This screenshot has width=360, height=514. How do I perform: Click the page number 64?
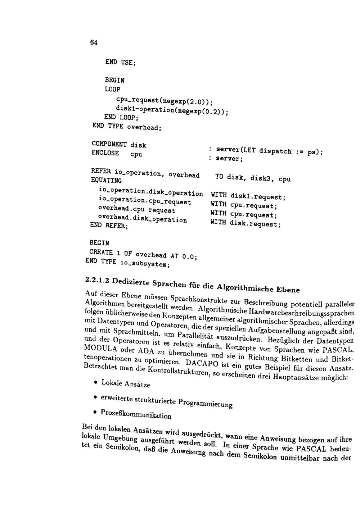pos(94,42)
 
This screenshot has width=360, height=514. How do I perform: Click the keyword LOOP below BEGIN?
pos(112,89)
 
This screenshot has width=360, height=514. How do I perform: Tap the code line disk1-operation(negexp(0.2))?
pos(172,110)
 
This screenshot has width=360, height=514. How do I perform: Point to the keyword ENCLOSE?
pos(105,153)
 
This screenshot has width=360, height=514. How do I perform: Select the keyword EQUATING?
pos(106,180)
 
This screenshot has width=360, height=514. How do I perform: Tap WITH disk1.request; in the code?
pos(248,196)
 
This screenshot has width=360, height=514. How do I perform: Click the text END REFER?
pos(109,225)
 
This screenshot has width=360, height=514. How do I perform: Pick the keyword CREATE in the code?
pos(101,252)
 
